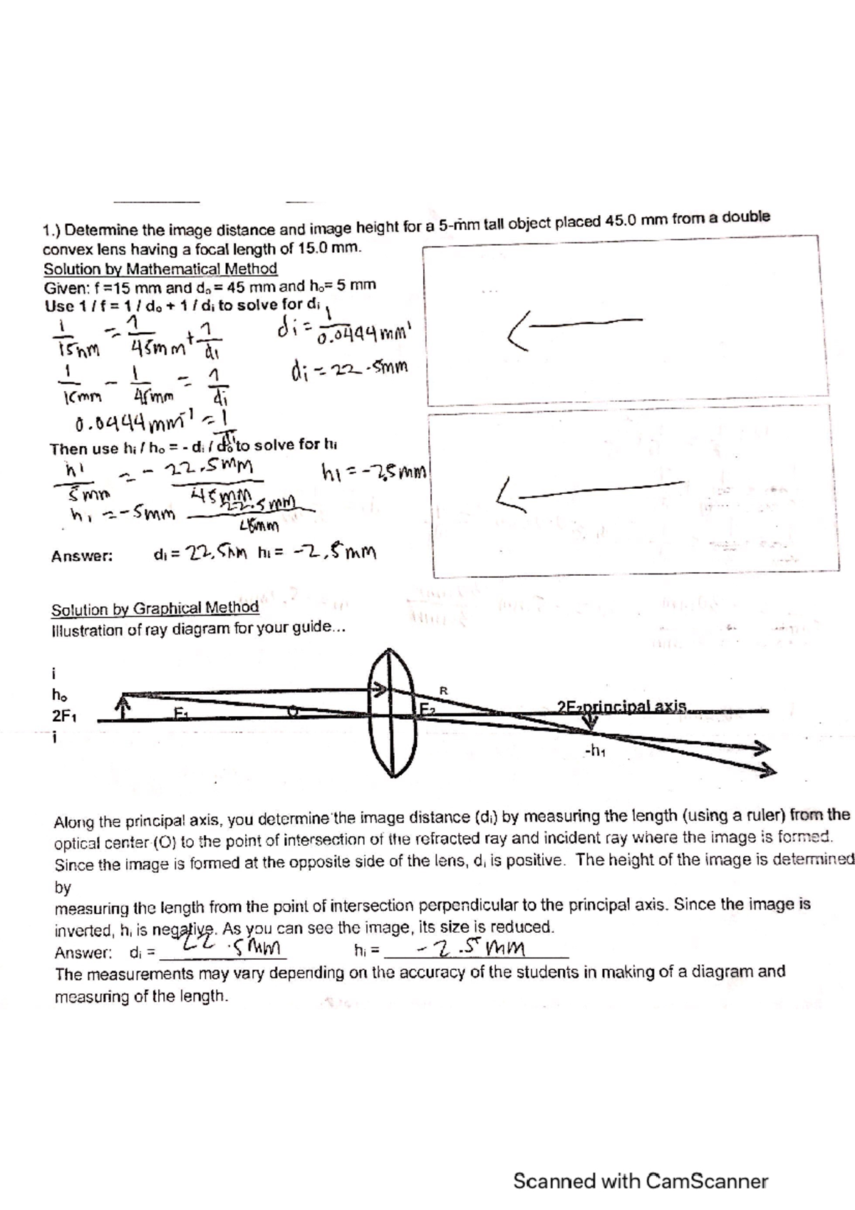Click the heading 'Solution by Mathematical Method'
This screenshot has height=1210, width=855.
160,269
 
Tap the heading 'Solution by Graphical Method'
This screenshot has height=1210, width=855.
155,609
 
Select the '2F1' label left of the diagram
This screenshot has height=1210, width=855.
65,717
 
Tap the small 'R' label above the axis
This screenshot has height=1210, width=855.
443,690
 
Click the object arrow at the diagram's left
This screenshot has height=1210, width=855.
125,708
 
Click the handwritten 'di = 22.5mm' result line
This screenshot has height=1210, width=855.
350,370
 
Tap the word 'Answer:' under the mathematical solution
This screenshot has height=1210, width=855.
81,557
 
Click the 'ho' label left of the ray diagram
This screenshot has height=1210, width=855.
60,696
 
